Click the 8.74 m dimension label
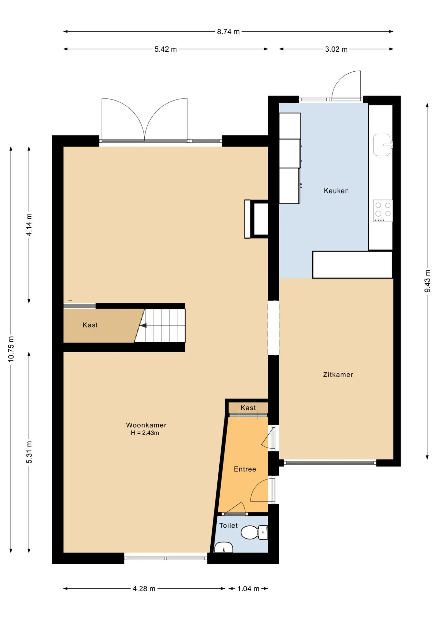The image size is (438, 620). pos(228,32)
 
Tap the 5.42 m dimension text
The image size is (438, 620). pos(165,49)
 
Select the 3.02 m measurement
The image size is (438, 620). pos(336,49)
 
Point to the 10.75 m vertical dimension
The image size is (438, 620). pos(11,349)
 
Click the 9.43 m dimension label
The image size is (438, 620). pos(427,281)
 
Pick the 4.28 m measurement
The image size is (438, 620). pos(144,589)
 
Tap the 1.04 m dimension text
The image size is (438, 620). pos(248,589)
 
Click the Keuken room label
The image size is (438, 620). pos(336,191)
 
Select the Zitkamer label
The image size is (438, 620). pos(338,375)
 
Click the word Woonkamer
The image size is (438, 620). pos(146,425)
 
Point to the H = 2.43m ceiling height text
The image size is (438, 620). pos(145,433)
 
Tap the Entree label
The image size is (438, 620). pos(245,469)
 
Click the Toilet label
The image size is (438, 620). pos(228,526)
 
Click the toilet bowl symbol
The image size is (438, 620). pos(254,532)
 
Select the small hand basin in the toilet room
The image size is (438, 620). pos(224,547)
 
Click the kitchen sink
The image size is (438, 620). pos(383,145)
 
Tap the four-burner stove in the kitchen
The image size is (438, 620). pos(383,211)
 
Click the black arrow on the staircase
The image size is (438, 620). pos(143,325)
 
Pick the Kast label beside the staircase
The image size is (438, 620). pos(90,325)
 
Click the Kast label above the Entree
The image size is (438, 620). pos(248,408)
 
